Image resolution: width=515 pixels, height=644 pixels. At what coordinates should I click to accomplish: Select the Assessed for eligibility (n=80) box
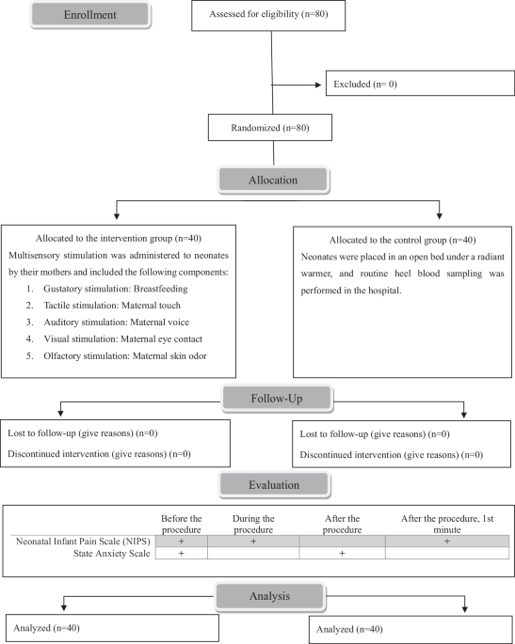pos(273,17)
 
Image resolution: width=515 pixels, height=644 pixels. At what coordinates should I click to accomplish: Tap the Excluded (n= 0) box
pos(419,83)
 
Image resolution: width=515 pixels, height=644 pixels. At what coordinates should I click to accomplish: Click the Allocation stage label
pos(272,180)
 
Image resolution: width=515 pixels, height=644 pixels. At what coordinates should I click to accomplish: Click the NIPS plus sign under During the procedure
pos(254,541)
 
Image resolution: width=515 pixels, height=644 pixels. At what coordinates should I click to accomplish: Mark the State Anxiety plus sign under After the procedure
pos(341,555)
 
